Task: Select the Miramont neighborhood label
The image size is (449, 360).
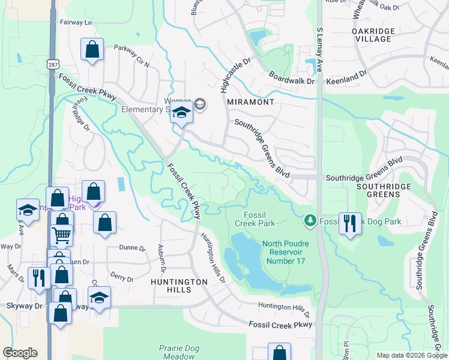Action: (x=251, y=102)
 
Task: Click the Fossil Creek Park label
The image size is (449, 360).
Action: (x=259, y=219)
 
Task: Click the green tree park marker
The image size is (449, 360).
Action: (x=310, y=221)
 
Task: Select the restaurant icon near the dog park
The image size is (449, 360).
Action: (x=350, y=223)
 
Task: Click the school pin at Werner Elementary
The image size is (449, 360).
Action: (x=181, y=113)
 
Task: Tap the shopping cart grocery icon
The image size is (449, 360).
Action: (x=61, y=235)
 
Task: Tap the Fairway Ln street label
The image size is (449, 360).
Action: (x=76, y=22)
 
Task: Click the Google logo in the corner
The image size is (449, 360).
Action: (x=20, y=353)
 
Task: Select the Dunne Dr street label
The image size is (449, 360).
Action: (x=133, y=247)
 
